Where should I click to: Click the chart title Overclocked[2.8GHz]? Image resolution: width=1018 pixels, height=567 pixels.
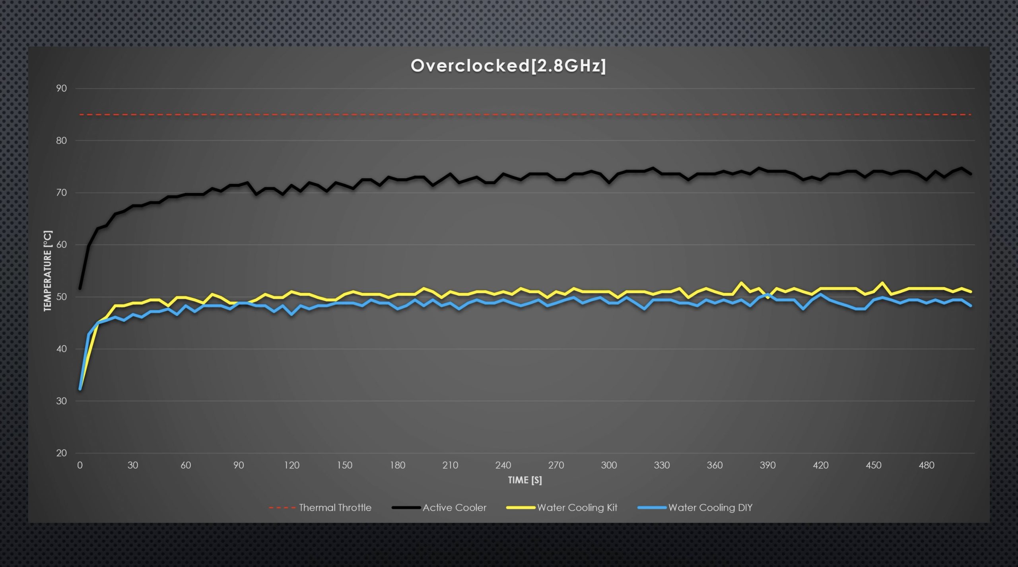click(508, 66)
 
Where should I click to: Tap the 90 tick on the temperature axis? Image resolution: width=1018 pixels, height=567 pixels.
click(61, 88)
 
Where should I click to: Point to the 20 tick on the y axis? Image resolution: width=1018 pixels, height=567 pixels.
click(61, 453)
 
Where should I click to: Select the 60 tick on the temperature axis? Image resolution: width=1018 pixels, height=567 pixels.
click(61, 245)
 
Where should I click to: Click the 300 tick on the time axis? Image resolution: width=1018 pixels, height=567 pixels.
click(609, 465)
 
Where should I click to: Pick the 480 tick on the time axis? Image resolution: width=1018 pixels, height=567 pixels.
click(926, 465)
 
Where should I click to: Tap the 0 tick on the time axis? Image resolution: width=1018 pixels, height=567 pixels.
click(80, 465)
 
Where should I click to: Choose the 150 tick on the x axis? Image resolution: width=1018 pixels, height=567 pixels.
click(344, 465)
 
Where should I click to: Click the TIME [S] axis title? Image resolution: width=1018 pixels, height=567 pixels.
click(525, 480)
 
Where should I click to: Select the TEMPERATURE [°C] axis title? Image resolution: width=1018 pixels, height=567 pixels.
click(48, 271)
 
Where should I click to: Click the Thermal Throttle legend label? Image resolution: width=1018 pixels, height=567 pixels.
click(335, 508)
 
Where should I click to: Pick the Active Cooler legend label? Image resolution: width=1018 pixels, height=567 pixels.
click(454, 508)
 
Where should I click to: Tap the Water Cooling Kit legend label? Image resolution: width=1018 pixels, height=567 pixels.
click(577, 508)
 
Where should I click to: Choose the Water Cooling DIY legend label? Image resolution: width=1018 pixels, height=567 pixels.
click(710, 508)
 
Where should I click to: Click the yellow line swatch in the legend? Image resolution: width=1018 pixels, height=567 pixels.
click(521, 508)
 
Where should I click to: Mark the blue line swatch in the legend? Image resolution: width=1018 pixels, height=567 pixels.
click(651, 508)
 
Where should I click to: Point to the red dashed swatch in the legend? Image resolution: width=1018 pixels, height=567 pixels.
click(282, 508)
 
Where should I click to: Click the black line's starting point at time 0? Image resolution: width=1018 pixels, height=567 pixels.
click(80, 288)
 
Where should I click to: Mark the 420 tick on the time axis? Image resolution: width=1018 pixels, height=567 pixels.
click(820, 465)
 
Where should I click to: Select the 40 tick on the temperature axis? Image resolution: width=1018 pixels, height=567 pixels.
click(61, 349)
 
